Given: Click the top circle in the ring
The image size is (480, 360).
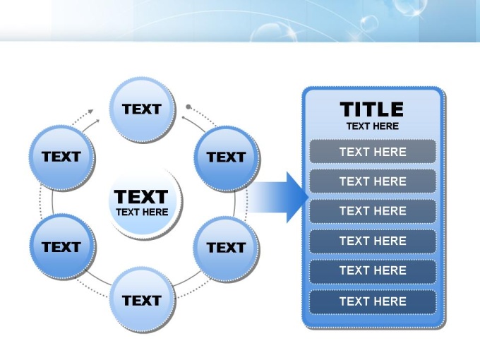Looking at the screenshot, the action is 143,109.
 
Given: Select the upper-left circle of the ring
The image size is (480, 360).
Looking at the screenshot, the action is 62,157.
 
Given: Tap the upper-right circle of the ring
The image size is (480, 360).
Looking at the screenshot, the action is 227,159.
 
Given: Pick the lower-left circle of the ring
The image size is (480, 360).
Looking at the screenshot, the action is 63,247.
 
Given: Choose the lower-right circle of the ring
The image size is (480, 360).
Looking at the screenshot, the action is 226,249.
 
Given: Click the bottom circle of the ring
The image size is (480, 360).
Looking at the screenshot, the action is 143,300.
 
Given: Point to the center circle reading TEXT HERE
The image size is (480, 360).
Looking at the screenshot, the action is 145,203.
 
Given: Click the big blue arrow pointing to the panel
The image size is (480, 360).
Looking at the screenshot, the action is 277,198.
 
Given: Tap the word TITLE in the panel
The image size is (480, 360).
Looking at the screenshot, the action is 371,109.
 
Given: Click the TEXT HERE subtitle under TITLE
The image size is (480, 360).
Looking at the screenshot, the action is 373,126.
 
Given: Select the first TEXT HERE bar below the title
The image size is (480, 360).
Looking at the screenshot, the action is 373,152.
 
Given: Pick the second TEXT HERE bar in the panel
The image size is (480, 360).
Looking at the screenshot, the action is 373,181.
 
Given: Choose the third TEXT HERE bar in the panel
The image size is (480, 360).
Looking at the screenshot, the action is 373,211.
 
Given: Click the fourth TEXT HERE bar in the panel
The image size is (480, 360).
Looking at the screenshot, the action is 373,241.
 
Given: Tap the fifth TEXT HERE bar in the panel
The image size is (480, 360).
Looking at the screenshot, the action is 373,271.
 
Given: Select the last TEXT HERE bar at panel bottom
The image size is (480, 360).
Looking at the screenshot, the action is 373,301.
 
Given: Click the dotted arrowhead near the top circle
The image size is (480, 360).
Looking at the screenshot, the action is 90,112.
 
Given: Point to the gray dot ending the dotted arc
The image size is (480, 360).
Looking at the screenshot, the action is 188,107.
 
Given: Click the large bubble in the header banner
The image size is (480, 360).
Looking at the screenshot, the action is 273,33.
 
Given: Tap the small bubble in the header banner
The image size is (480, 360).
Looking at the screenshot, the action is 369,23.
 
